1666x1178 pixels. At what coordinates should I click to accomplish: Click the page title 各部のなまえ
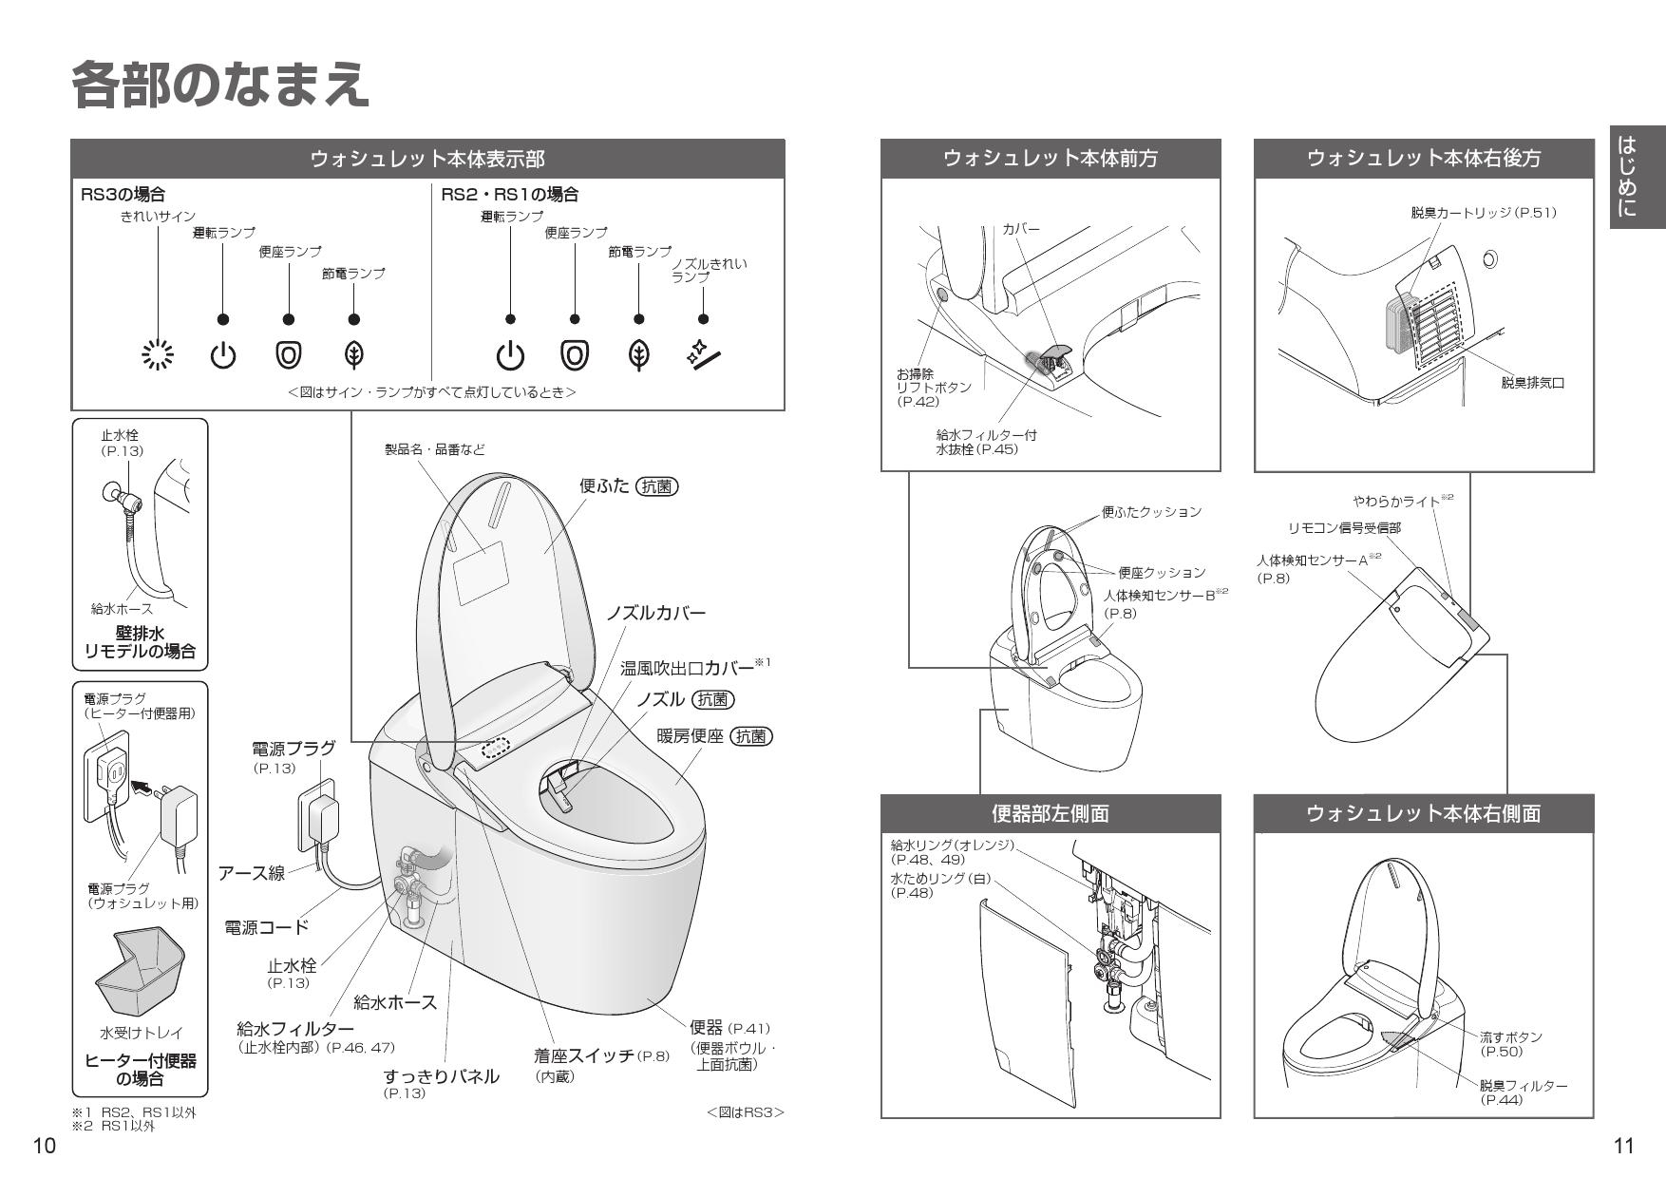(219, 85)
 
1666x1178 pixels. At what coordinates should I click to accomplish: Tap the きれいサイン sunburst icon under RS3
(158, 354)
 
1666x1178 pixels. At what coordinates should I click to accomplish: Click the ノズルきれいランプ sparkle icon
(703, 354)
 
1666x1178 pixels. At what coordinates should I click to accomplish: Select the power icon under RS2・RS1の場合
(510, 354)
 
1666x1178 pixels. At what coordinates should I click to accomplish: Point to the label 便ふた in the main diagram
(605, 486)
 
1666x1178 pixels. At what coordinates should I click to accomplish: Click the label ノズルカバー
(655, 613)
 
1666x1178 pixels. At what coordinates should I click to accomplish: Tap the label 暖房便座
(690, 736)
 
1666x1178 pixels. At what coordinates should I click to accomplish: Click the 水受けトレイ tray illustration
(140, 973)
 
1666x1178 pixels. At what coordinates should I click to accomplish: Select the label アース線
(252, 873)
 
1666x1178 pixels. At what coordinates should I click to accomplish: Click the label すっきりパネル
(441, 1076)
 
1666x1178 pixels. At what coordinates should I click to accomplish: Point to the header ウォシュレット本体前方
(1050, 159)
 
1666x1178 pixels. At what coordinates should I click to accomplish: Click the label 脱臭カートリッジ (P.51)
(1483, 213)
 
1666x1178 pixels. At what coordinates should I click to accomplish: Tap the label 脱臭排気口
(1532, 383)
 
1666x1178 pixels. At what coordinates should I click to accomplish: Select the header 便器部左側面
(1050, 813)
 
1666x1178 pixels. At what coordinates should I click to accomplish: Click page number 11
(1623, 1146)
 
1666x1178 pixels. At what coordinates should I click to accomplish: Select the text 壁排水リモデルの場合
(140, 642)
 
